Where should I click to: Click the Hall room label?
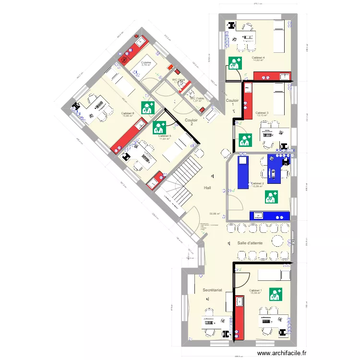click(x=207, y=188)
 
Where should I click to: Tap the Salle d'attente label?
click(x=250, y=243)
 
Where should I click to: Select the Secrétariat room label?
click(x=212, y=290)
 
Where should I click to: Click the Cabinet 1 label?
click(x=255, y=290)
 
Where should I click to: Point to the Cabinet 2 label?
click(x=257, y=183)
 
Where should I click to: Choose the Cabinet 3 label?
click(x=262, y=113)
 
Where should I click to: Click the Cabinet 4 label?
click(x=258, y=58)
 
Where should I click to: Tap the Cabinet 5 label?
click(x=165, y=136)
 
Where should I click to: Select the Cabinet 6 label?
click(x=128, y=113)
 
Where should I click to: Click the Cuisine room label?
click(x=146, y=63)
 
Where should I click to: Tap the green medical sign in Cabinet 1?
click(x=276, y=294)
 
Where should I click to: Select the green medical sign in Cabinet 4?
click(x=235, y=63)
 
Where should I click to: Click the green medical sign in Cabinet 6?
click(x=147, y=108)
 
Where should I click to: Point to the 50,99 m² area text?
click(x=215, y=214)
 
